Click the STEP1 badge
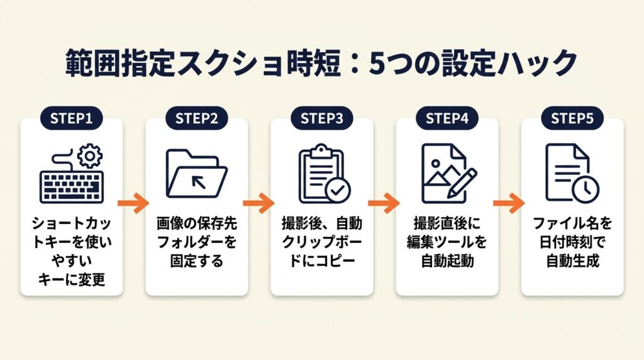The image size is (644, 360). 71,118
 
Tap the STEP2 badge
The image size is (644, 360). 196,118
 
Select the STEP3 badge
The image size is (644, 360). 321,118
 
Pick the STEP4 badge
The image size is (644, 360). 447,118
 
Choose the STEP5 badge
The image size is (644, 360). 572,118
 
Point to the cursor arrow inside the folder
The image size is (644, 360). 197,183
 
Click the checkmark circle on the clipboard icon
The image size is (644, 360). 338,189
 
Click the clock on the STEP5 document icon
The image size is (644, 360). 587,188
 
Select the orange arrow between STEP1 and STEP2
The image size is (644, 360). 134,203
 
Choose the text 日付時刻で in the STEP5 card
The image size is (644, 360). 572,242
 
